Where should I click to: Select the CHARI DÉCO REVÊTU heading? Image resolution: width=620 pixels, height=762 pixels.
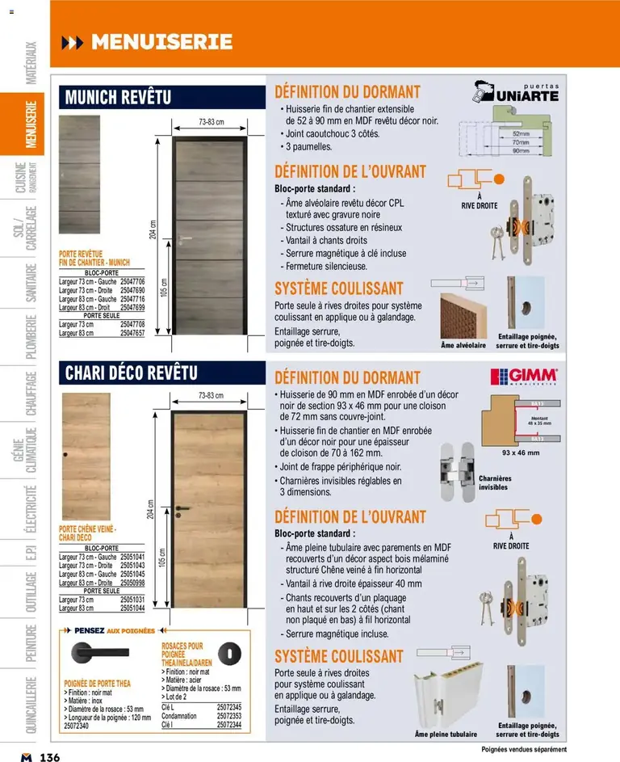click(131, 373)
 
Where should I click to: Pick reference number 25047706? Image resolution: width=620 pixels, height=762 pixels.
click(132, 281)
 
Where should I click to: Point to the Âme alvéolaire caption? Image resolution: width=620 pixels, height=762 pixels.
click(463, 346)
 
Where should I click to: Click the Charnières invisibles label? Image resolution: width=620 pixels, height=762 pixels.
click(496, 483)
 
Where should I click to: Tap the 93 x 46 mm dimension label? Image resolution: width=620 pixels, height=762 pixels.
click(520, 453)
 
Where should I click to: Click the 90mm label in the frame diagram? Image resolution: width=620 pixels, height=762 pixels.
click(520, 151)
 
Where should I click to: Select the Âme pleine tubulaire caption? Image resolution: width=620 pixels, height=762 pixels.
click(446, 734)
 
